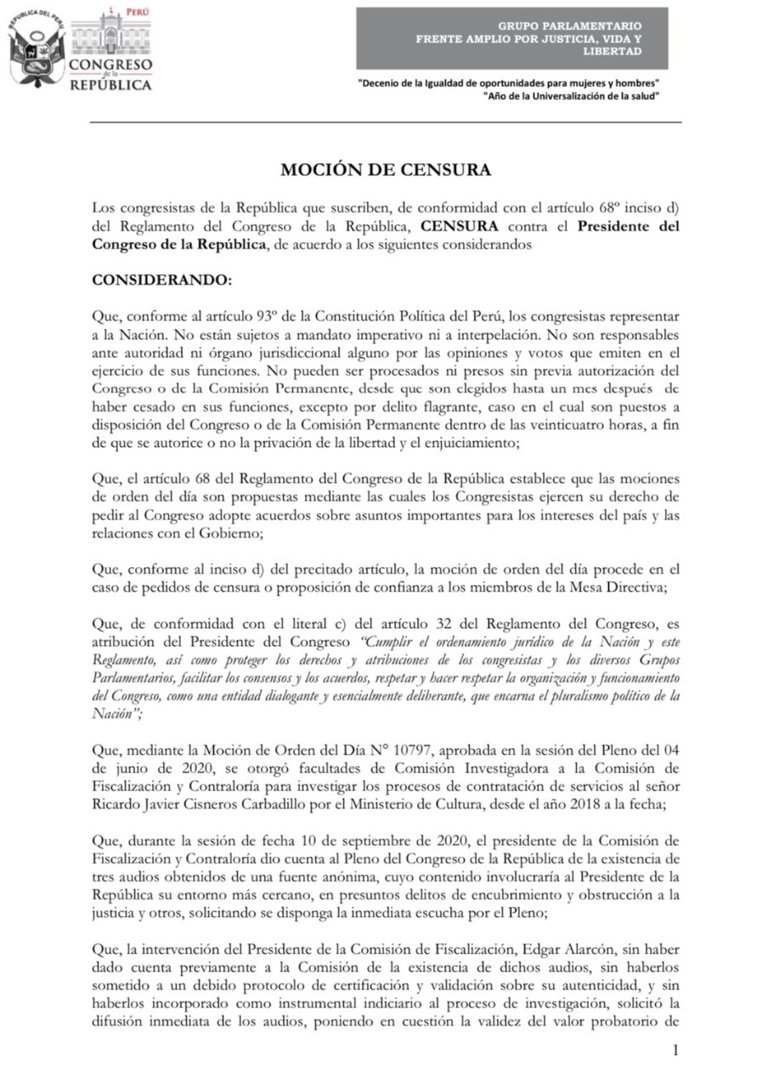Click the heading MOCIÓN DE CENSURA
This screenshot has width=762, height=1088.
[x=386, y=170]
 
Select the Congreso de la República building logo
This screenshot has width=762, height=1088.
[x=110, y=51]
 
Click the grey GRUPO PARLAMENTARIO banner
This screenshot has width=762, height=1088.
[x=511, y=39]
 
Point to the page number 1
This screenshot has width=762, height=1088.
[x=675, y=1051]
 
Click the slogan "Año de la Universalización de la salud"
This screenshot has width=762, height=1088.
[x=571, y=96]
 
